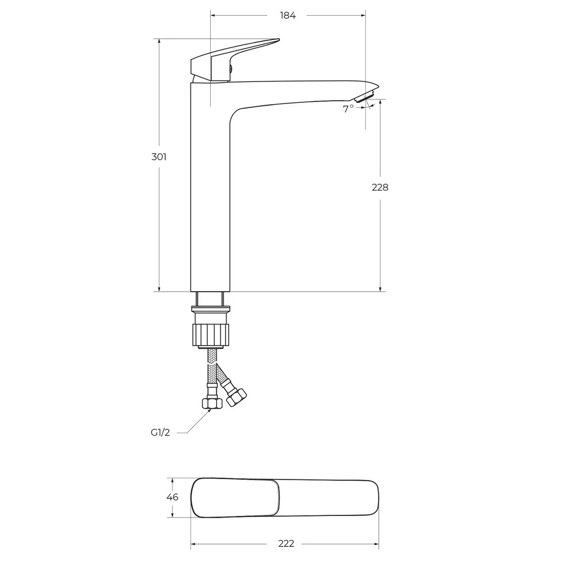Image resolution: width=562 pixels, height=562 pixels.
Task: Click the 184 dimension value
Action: tap(287, 15)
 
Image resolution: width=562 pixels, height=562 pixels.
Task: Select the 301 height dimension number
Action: tap(159, 157)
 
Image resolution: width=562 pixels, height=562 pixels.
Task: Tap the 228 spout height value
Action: tap(380, 187)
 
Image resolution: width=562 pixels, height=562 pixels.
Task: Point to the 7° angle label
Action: tap(348, 109)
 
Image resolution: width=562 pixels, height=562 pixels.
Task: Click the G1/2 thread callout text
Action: tap(160, 433)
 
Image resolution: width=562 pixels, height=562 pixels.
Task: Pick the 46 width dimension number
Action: tap(173, 497)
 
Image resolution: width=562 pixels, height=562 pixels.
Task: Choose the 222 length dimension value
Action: tap(286, 543)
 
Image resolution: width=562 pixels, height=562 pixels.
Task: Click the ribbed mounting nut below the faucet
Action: tap(211, 335)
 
